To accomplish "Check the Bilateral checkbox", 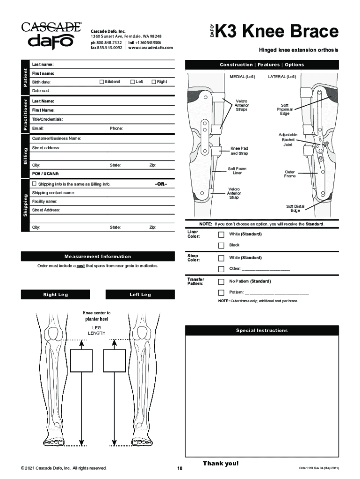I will [x=101, y=82].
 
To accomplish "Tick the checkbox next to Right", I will [x=153, y=82].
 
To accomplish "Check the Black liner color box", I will [x=222, y=245].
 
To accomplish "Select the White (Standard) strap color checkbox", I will [x=222, y=258].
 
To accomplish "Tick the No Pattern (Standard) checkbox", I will [x=222, y=282].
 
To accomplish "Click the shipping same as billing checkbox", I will [x=34, y=184].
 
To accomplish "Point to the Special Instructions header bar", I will [x=261, y=331].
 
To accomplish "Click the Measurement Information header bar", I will [x=98, y=256].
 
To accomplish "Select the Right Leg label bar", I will [x=56, y=295].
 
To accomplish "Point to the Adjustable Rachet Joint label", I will [x=288, y=139].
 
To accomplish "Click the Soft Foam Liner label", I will [x=238, y=171].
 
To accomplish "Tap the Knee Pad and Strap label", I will [x=239, y=151].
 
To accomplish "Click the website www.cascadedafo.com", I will [x=150, y=48].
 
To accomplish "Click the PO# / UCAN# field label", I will [x=45, y=174].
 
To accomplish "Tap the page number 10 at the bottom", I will [x=180, y=468].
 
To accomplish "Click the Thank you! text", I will [x=220, y=463].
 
